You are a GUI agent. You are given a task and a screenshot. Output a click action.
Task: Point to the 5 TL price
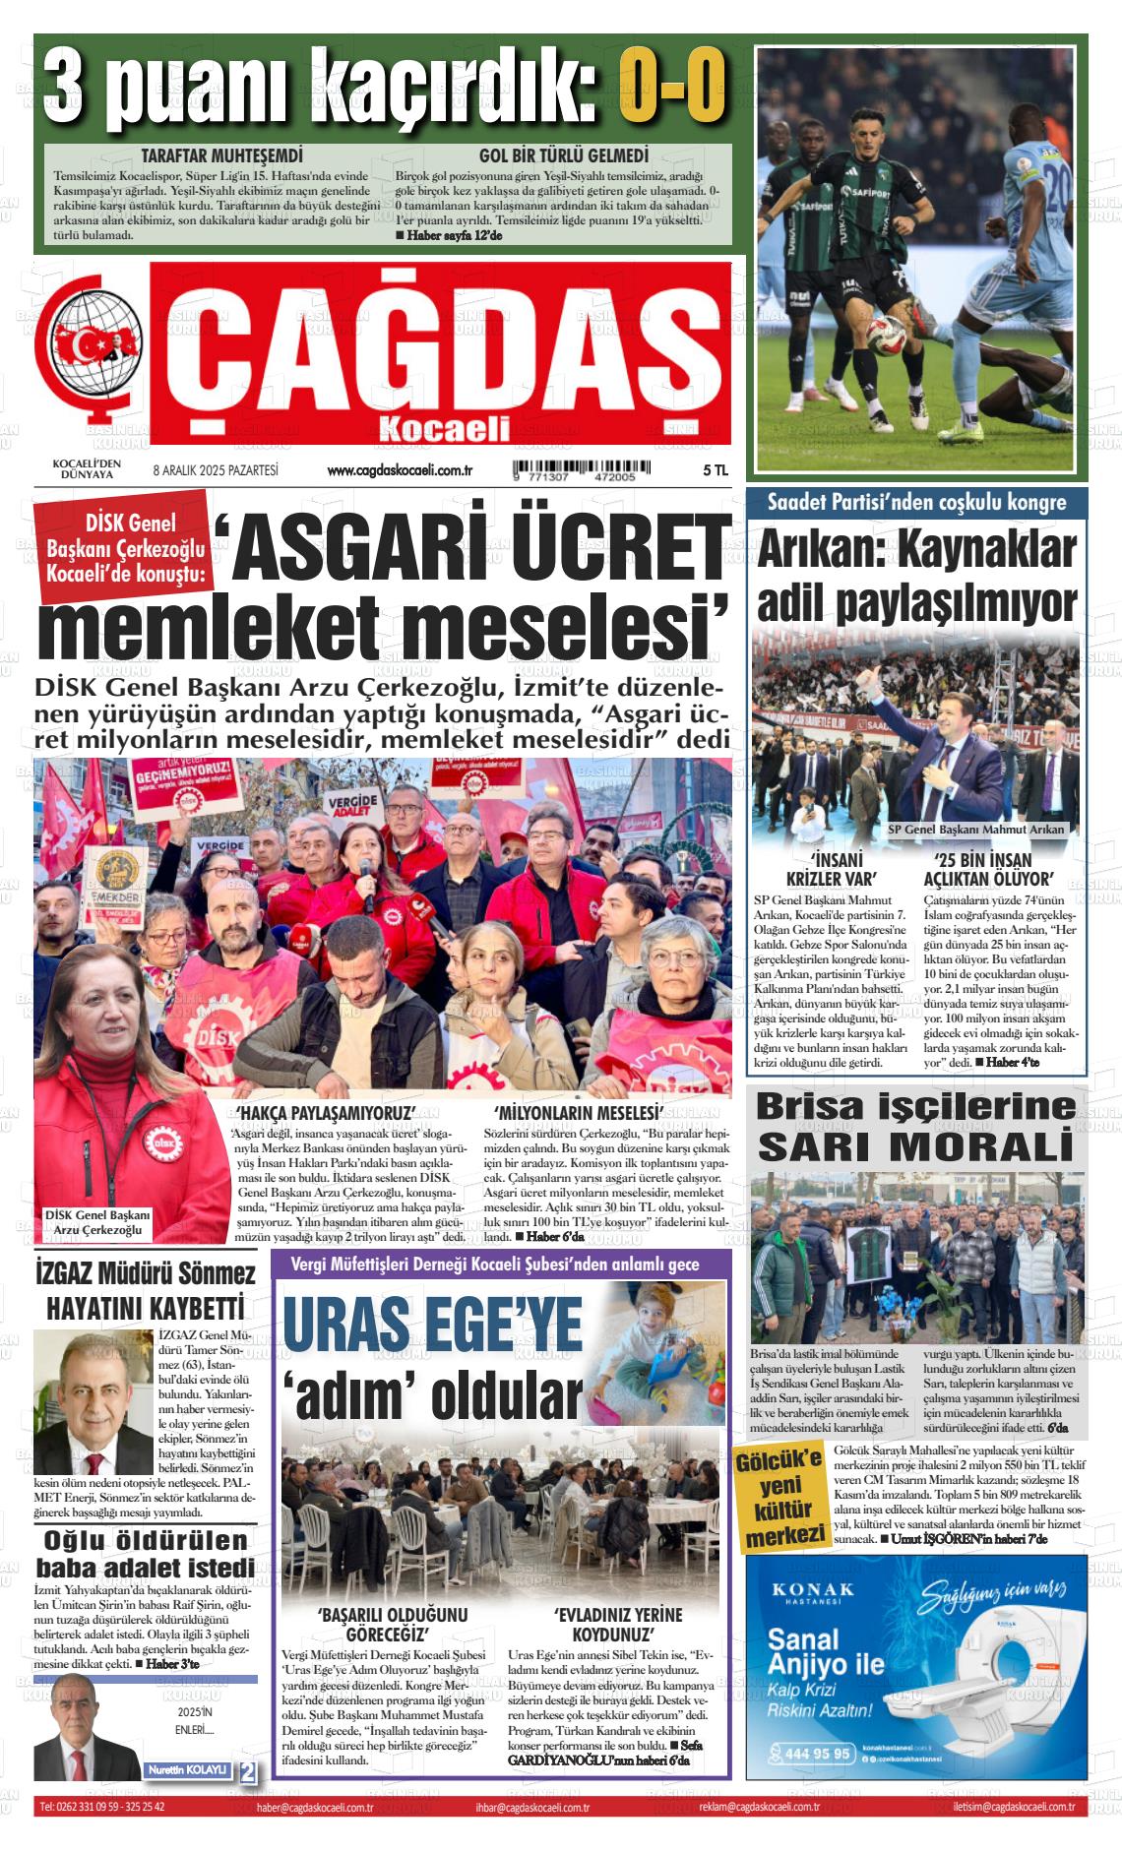click(x=715, y=471)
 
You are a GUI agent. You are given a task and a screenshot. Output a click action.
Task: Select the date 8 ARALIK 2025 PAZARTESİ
click(x=216, y=471)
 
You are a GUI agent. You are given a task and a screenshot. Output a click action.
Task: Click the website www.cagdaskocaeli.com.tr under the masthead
click(x=401, y=472)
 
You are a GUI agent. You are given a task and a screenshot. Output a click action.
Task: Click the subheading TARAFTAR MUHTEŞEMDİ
click(x=221, y=156)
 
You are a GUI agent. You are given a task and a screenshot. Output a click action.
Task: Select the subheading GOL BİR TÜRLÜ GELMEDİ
click(x=563, y=156)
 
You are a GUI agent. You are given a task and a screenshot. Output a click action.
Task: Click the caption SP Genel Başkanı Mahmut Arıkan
click(x=976, y=829)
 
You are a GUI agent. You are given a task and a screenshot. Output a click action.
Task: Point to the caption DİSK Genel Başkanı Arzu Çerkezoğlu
click(x=98, y=1223)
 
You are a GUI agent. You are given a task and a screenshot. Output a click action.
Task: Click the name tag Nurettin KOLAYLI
click(x=187, y=1769)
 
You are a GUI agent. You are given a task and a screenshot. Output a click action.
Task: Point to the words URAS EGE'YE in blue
click(x=433, y=1325)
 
